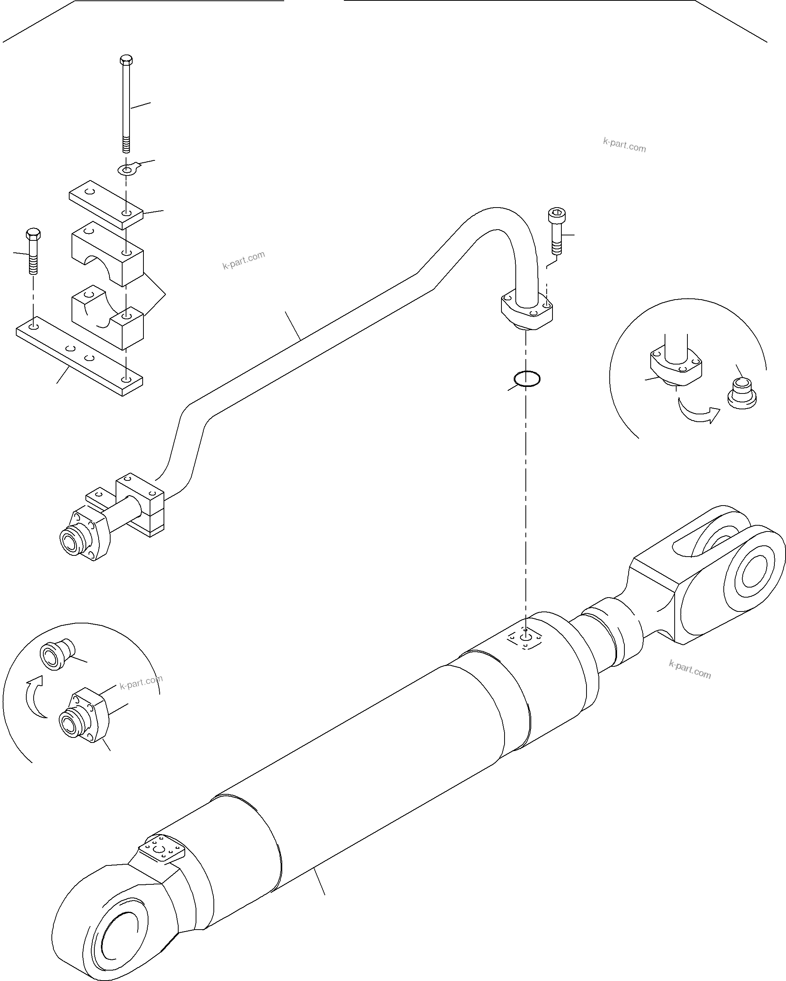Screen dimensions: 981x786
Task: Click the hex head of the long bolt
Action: pyautogui.click(x=126, y=61)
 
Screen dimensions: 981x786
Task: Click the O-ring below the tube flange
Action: pyautogui.click(x=527, y=378)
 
